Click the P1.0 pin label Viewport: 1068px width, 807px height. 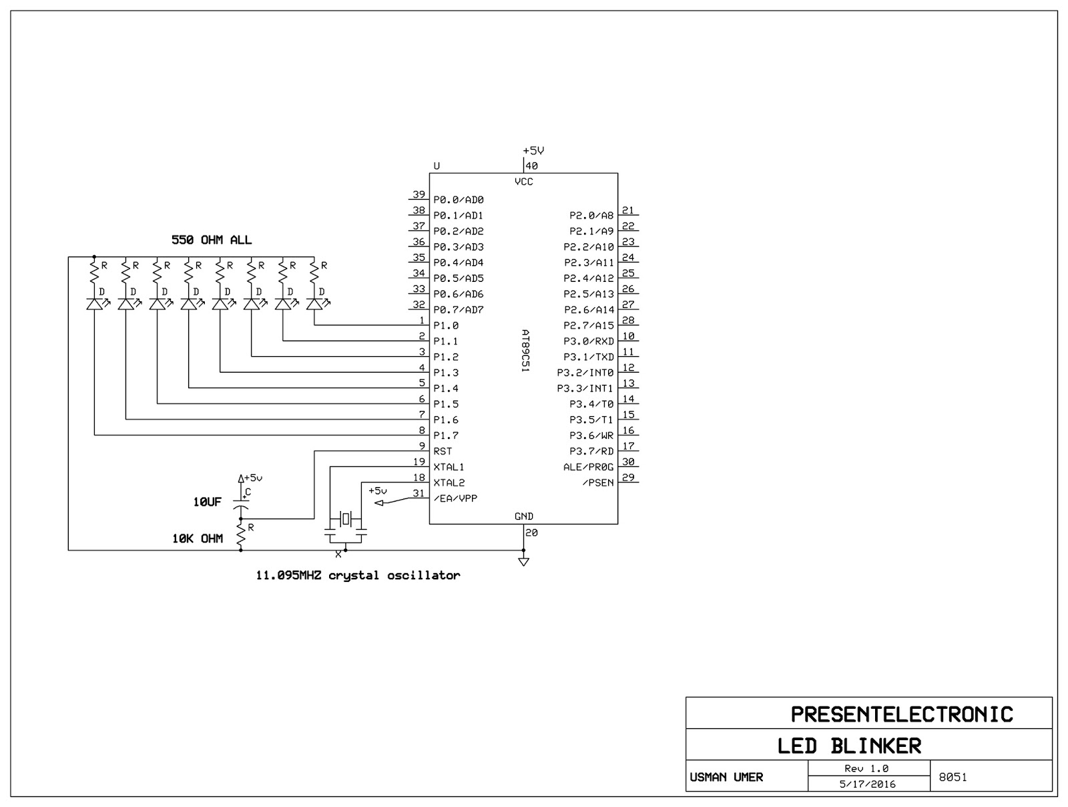pos(446,325)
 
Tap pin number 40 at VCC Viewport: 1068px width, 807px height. pos(532,166)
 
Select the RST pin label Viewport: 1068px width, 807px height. pos(443,451)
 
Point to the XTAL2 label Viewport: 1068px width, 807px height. pos(449,482)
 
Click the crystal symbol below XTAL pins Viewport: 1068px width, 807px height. pos(345,518)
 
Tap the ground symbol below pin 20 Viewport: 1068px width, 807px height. pos(523,561)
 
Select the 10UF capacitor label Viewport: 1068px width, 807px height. pos(207,502)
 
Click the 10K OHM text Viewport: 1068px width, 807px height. pos(198,538)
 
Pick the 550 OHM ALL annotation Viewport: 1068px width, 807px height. pos(212,240)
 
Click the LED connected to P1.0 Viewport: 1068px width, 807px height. pos(314,304)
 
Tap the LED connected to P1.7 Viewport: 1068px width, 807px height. pos(95,304)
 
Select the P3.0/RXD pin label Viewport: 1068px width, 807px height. pos(589,341)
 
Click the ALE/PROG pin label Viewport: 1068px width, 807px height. pos(588,467)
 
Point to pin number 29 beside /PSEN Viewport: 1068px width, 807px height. pos(628,477)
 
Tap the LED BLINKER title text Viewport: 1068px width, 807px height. pos(849,746)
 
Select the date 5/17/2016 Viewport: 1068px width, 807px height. pos(868,784)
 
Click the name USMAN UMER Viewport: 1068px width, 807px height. pos(726,777)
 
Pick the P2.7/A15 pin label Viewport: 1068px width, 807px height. pos(589,325)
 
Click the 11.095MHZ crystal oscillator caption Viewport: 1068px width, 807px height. pos(358,575)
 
